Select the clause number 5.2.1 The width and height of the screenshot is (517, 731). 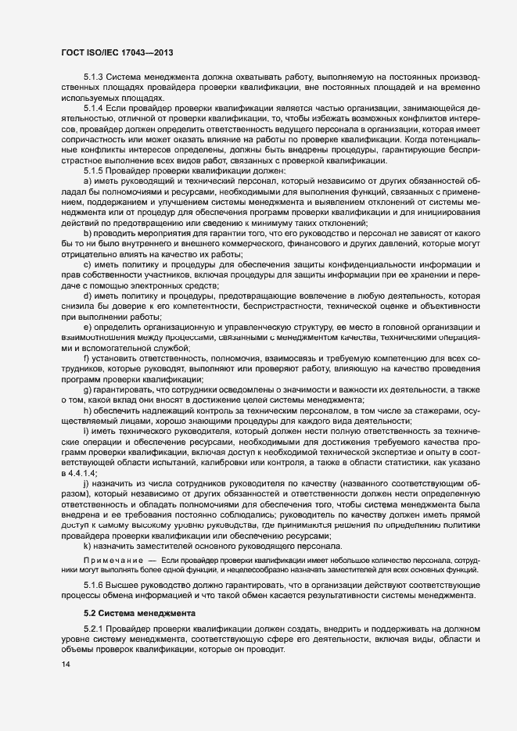point(93,630)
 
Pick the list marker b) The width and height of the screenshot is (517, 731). point(88,232)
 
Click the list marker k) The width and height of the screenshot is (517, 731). point(88,547)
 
